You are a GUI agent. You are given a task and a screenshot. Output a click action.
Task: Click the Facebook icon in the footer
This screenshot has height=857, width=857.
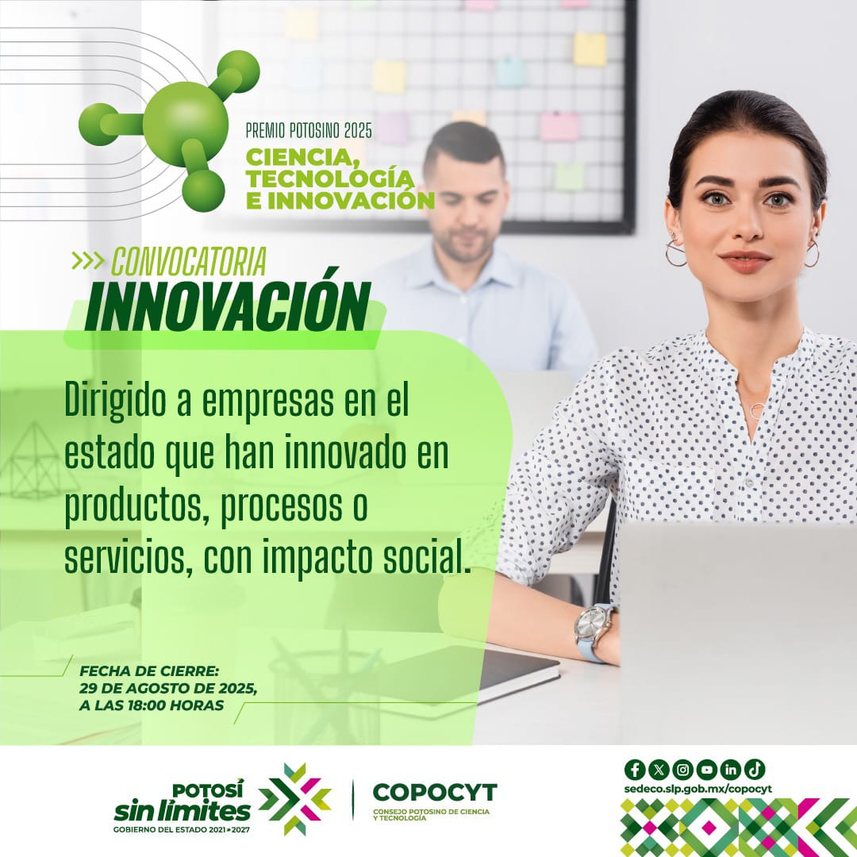click(635, 769)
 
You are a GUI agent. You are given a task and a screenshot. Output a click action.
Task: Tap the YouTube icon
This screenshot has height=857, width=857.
click(706, 769)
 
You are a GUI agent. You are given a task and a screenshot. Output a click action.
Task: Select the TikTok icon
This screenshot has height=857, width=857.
click(755, 769)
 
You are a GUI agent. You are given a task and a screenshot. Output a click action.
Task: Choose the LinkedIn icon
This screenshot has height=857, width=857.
click(730, 769)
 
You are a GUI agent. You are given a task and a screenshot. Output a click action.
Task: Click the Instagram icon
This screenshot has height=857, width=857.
click(682, 769)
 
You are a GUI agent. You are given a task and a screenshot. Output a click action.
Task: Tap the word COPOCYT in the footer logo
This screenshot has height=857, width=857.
click(435, 792)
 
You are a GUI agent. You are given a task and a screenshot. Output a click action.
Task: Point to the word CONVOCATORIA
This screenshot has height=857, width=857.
click(188, 261)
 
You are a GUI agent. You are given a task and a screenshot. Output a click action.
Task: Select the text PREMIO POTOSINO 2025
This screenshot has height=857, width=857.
click(320, 127)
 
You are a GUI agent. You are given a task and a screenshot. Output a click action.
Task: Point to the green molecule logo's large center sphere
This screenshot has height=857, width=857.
click(186, 124)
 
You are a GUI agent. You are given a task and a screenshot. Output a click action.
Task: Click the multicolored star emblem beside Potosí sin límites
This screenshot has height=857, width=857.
click(294, 799)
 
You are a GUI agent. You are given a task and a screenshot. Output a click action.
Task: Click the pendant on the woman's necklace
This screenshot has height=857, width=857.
click(757, 409)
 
